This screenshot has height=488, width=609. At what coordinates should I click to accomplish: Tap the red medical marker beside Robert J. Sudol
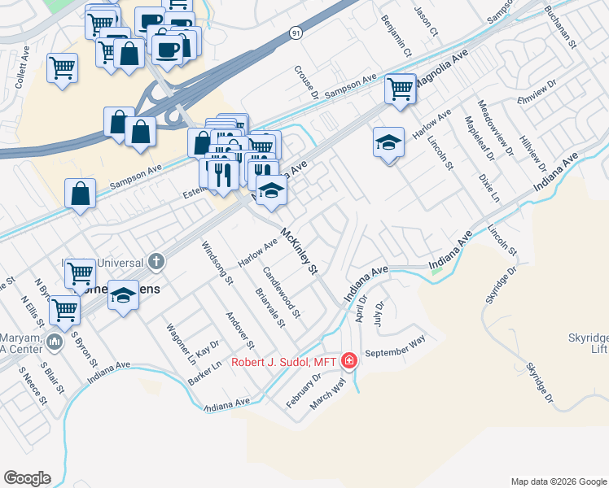click(x=349, y=359)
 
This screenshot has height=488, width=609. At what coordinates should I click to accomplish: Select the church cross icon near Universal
click(x=156, y=261)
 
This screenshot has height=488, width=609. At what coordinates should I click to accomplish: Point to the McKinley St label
click(x=297, y=252)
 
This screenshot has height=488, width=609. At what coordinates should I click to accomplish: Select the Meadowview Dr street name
click(x=496, y=128)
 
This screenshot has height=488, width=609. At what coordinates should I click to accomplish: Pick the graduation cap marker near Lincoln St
click(x=388, y=143)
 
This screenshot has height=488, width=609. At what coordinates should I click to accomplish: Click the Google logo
click(x=27, y=477)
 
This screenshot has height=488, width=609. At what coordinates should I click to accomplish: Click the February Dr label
click(x=303, y=390)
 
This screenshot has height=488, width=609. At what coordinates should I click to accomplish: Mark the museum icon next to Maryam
click(x=54, y=342)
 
